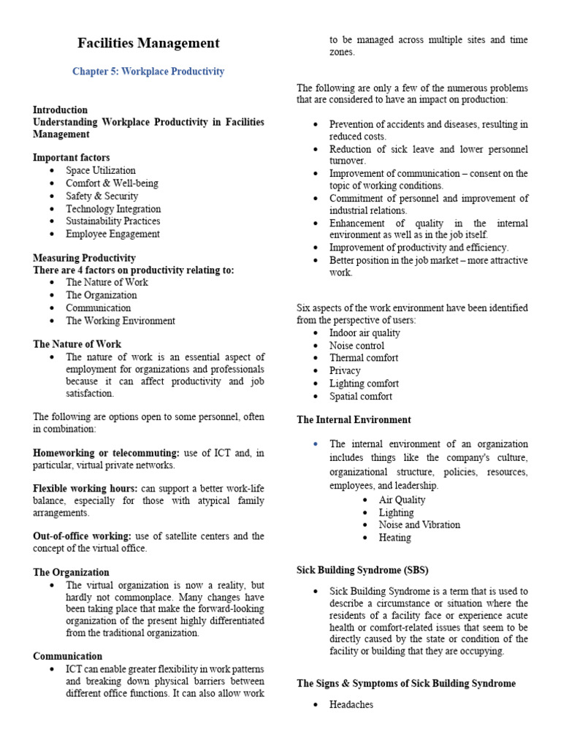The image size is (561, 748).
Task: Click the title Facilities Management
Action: coord(148,44)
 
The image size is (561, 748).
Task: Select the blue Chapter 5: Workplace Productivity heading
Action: coord(148,72)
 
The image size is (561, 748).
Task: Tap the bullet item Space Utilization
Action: coord(101,170)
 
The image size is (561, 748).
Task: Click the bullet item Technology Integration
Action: coord(112,209)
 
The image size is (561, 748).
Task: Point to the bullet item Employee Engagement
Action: coord(112,234)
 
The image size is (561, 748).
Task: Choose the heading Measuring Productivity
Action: coord(84,258)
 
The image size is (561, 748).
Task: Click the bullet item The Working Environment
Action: coord(120,321)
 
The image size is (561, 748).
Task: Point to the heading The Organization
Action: coord(71,573)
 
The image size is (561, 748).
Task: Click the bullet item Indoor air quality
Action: coord(365,333)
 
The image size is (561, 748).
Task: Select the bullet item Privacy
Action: coord(345,371)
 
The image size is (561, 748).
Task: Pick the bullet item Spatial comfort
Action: coord(360,397)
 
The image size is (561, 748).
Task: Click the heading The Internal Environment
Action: coord(354,420)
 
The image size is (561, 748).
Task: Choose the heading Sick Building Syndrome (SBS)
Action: coord(362,569)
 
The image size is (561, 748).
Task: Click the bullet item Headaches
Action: coord(351,705)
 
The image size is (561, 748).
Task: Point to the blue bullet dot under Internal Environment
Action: coord(315,444)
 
